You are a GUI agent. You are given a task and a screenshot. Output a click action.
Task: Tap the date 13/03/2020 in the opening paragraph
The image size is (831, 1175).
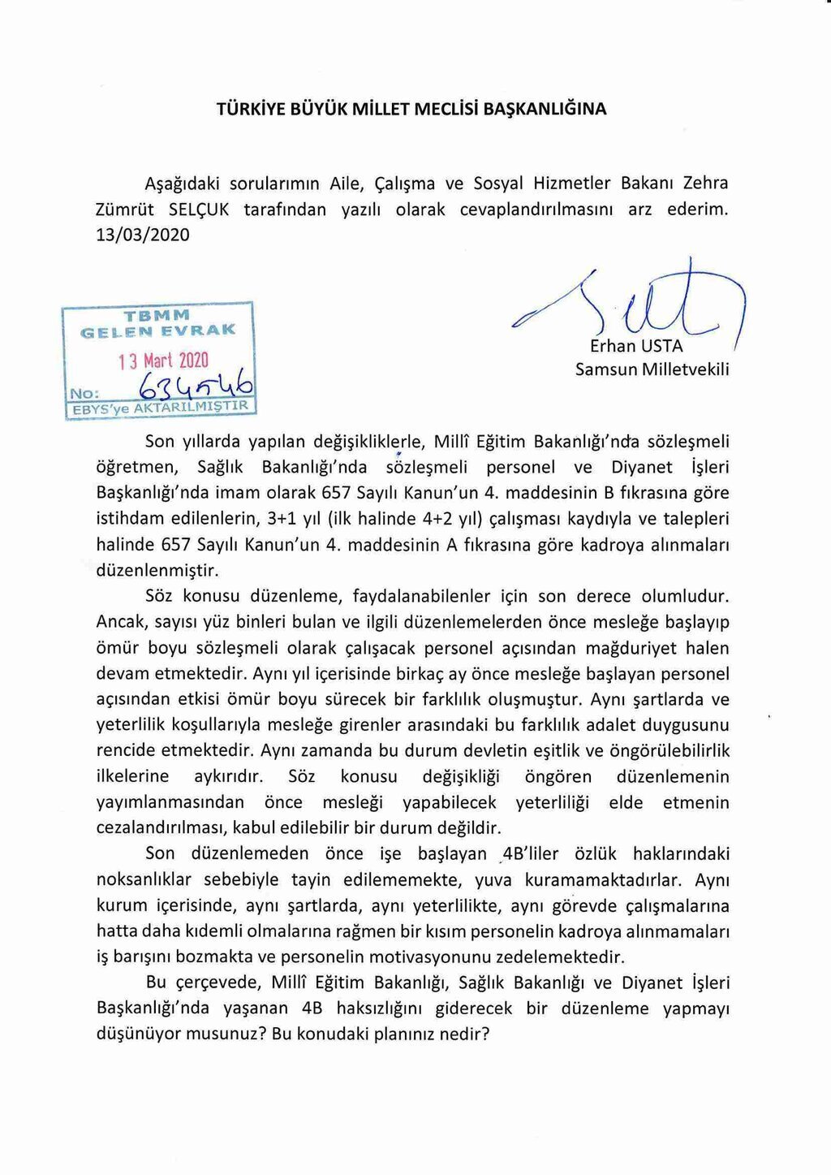pyautogui.click(x=143, y=235)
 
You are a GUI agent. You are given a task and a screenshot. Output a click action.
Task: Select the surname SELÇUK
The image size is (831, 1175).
pyautogui.click(x=199, y=210)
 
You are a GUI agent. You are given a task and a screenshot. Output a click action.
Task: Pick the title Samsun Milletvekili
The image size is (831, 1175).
pyautogui.click(x=652, y=369)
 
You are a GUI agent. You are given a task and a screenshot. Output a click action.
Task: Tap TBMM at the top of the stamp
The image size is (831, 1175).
pyautogui.click(x=157, y=315)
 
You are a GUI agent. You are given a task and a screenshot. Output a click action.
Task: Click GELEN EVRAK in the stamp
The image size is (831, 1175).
pyautogui.click(x=157, y=330)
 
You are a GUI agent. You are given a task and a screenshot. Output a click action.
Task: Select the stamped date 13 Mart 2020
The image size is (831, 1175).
pyautogui.click(x=163, y=361)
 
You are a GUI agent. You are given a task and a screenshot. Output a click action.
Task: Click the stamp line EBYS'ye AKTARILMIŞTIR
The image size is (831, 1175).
pyautogui.click(x=160, y=407)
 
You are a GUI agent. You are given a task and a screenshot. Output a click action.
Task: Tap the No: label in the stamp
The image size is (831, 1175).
pyautogui.click(x=84, y=393)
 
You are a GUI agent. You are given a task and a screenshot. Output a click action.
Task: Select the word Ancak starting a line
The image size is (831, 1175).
pyautogui.click(x=120, y=622)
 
